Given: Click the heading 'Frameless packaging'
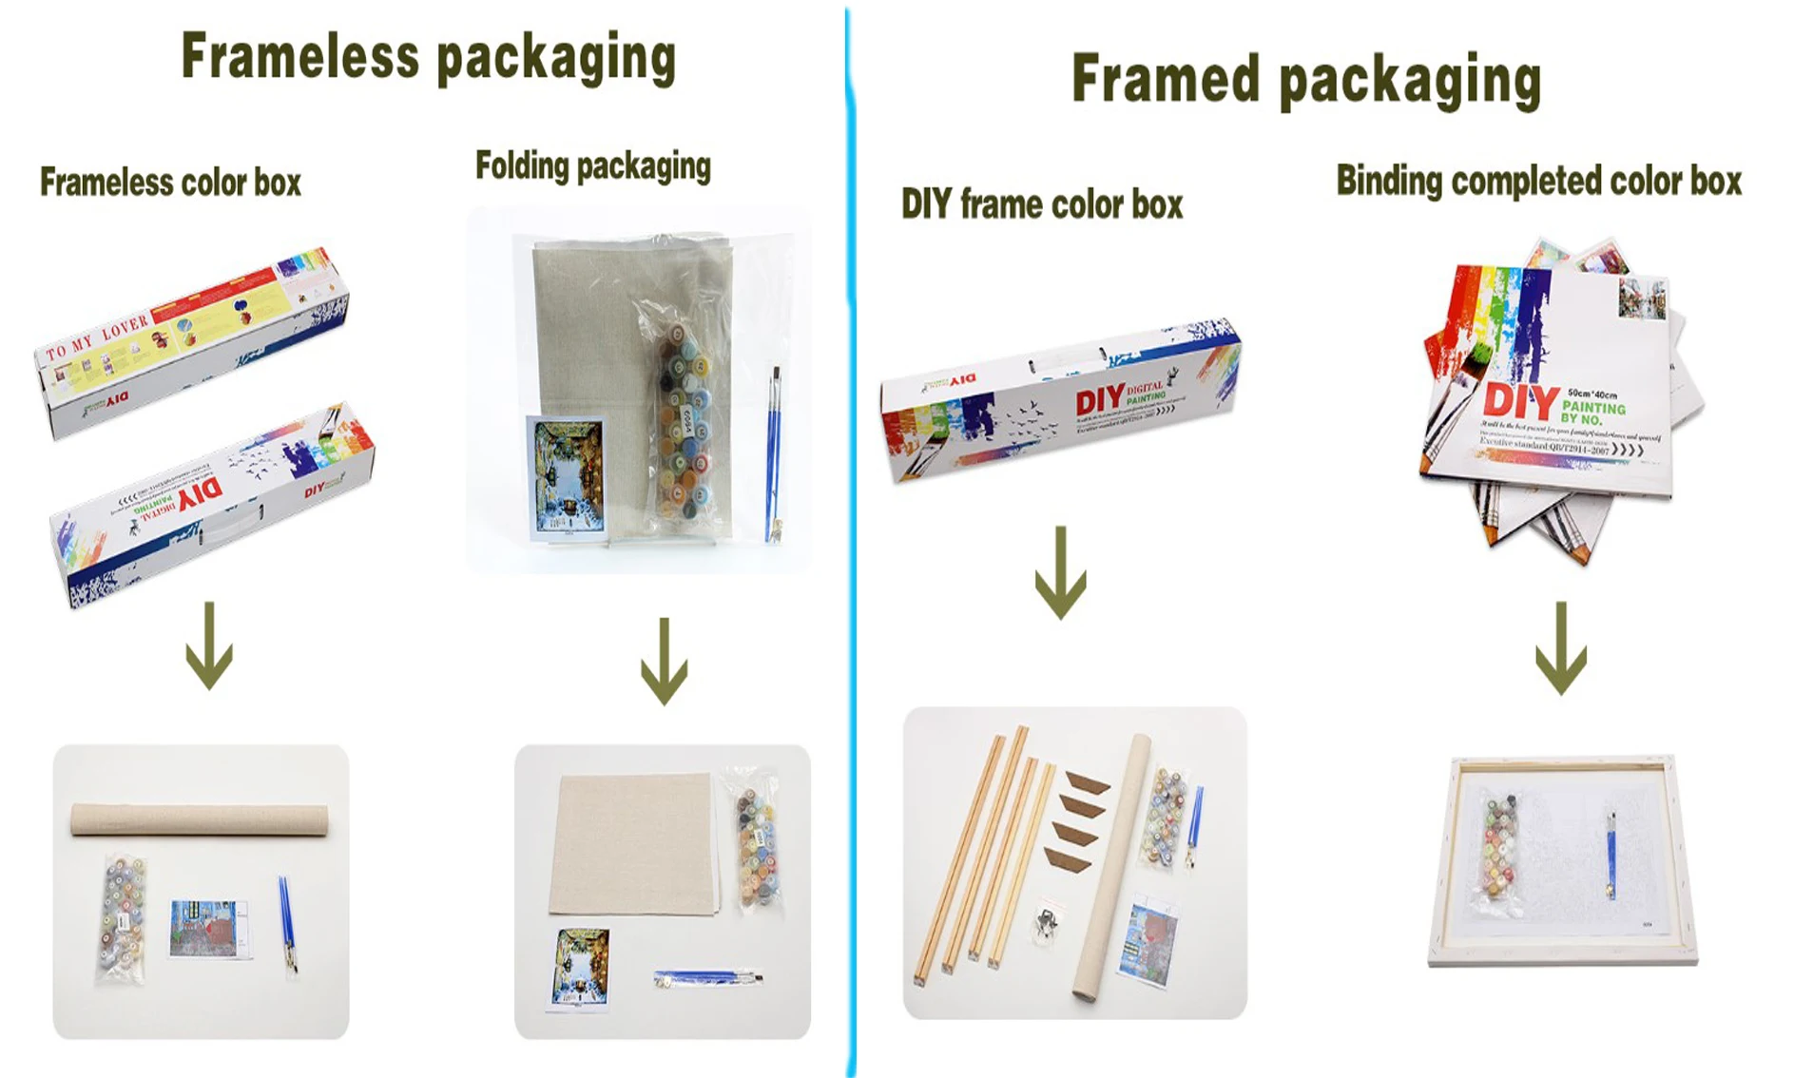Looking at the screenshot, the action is pyautogui.click(x=428, y=58).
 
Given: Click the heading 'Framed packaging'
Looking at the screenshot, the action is pyautogui.click(x=1305, y=80).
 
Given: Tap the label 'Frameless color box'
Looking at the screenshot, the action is pyautogui.click(x=170, y=183).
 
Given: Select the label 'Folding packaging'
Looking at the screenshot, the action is pyautogui.click(x=592, y=166).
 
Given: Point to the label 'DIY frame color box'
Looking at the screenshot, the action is pyautogui.click(x=1041, y=204).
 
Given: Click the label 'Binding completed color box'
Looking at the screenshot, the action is pyautogui.click(x=1538, y=181).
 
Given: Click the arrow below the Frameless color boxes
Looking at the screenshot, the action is pyautogui.click(x=209, y=646).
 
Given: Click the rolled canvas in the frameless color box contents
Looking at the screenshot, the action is pyautogui.click(x=200, y=820).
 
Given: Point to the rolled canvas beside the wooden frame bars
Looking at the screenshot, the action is pyautogui.click(x=1110, y=865).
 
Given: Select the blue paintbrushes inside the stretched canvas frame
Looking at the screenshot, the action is pyautogui.click(x=1611, y=856).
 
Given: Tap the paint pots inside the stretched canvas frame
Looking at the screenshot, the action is pyautogui.click(x=1499, y=846).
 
